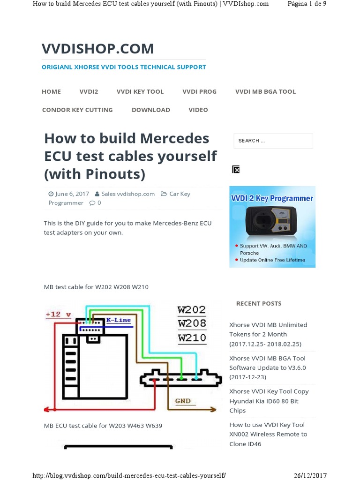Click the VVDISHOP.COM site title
[x=97, y=48]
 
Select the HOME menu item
[x=51, y=91]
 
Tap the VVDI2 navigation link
[x=89, y=91]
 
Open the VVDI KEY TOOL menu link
[x=140, y=91]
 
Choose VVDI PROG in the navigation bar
[x=199, y=91]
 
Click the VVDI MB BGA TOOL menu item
[x=265, y=91]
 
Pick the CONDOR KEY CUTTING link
[x=77, y=110]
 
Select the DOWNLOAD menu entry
[x=150, y=110]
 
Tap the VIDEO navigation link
[x=198, y=110]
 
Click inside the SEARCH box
[x=273, y=141]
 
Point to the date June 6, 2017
[x=72, y=194]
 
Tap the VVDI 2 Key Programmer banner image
[x=272, y=226]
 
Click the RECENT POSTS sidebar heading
[x=259, y=303]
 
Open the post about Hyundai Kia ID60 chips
[x=269, y=401]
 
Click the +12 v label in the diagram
[x=58, y=314]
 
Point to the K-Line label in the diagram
[x=119, y=320]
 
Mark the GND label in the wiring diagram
[x=183, y=401]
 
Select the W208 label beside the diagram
[x=192, y=323]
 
